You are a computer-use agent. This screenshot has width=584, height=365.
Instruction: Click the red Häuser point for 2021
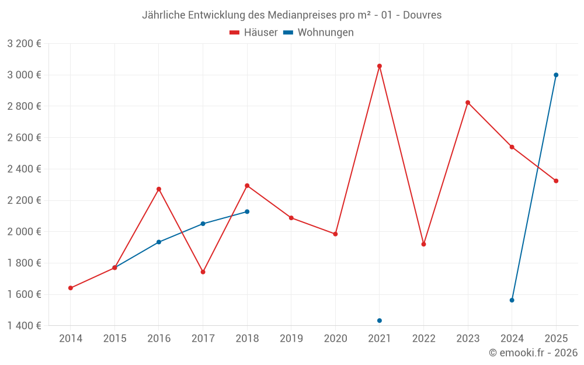[380, 66]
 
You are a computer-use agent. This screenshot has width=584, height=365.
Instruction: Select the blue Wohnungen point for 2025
[556, 75]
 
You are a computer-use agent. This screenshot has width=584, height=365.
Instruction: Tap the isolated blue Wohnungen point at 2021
[380, 321]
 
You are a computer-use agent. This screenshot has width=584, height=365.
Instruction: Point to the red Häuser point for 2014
[71, 288]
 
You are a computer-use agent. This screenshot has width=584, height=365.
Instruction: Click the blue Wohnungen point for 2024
[512, 300]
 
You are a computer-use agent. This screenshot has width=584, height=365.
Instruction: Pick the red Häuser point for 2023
[468, 103]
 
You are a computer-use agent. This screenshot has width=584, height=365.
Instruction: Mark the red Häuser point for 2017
[203, 272]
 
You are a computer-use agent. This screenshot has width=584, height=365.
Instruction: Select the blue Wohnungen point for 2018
[247, 211]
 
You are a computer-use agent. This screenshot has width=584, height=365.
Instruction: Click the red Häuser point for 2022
[423, 244]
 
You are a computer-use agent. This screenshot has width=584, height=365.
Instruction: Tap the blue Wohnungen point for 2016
[159, 242]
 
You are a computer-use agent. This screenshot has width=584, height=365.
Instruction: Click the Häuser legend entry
[253, 33]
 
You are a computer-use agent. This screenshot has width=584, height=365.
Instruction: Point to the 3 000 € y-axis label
[24, 75]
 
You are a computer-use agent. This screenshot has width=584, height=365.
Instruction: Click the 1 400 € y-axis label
[24, 325]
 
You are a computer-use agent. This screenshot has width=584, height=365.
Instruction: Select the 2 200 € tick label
[24, 200]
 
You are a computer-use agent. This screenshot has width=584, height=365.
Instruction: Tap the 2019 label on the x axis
[291, 338]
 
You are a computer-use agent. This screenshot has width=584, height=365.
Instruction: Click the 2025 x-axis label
[556, 338]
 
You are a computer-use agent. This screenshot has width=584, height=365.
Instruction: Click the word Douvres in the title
[423, 15]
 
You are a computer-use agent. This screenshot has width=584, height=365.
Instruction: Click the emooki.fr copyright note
[533, 353]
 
